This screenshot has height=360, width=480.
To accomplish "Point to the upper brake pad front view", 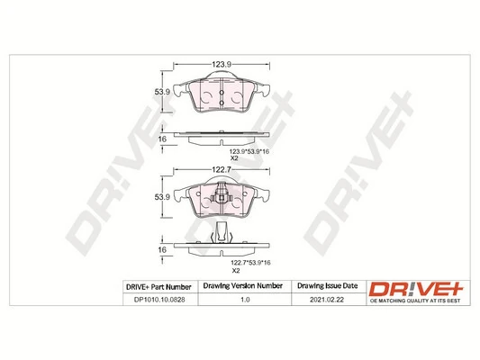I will pyautogui.click(x=222, y=94).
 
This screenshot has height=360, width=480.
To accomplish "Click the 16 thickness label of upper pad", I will pyautogui.click(x=163, y=139).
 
